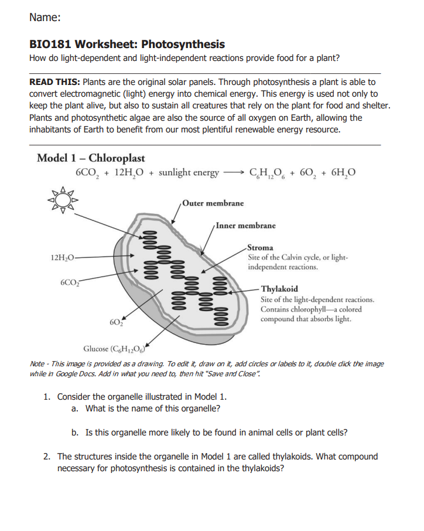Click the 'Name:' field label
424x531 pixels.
pyautogui.click(x=45, y=18)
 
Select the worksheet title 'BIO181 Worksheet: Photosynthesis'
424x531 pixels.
pyautogui.click(x=126, y=45)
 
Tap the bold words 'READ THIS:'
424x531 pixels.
pyautogui.click(x=55, y=83)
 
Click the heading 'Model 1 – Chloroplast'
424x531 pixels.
pyautogui.click(x=90, y=158)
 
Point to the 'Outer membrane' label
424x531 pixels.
pyautogui.click(x=213, y=203)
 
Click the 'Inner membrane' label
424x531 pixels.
pyautogui.click(x=245, y=225)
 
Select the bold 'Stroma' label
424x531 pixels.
pyautogui.click(x=261, y=248)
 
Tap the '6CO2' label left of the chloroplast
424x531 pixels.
pyautogui.click(x=70, y=282)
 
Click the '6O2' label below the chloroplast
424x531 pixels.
pyautogui.click(x=115, y=322)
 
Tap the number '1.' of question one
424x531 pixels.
pyautogui.click(x=47, y=396)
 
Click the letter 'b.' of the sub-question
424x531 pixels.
pyautogui.click(x=75, y=433)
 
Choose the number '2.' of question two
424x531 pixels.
pyautogui.click(x=47, y=457)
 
